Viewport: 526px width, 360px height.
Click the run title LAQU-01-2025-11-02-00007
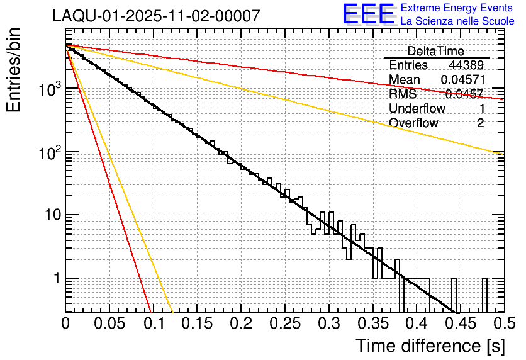(x=156, y=16)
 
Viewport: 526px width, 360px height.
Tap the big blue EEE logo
(x=368, y=14)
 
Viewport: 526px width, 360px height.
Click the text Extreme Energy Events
(x=457, y=8)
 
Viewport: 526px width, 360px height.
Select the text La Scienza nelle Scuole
(x=457, y=21)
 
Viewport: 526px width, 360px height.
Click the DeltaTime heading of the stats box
(x=436, y=51)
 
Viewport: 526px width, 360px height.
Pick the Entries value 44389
(x=466, y=65)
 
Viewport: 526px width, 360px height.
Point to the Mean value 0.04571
(x=462, y=79)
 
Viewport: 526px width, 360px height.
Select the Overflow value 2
(x=480, y=123)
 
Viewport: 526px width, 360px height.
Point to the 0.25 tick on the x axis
(x=284, y=323)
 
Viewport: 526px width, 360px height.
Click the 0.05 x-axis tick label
(x=109, y=323)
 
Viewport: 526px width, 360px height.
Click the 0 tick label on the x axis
(x=66, y=323)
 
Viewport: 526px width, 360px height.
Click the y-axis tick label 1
(x=57, y=278)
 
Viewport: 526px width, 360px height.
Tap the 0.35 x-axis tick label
(x=372, y=323)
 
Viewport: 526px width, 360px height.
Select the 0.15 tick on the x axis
(x=197, y=323)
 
